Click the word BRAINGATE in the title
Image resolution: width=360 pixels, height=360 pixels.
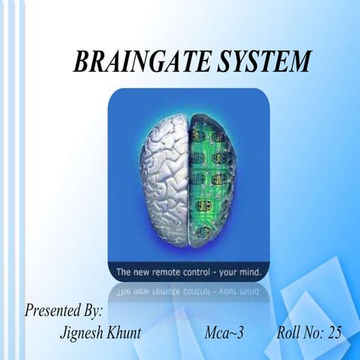tap(134, 61)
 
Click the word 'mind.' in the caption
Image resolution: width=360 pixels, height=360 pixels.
tap(247, 268)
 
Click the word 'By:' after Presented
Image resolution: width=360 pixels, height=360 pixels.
tap(91, 310)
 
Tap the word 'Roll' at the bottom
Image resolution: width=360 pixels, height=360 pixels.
tap(288, 332)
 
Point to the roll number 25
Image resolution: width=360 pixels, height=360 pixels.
tap(333, 332)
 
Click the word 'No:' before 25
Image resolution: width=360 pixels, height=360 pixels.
tap(313, 332)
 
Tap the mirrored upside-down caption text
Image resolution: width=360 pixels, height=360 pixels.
tap(187, 287)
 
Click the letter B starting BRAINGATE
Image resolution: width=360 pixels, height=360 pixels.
tap(80, 61)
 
